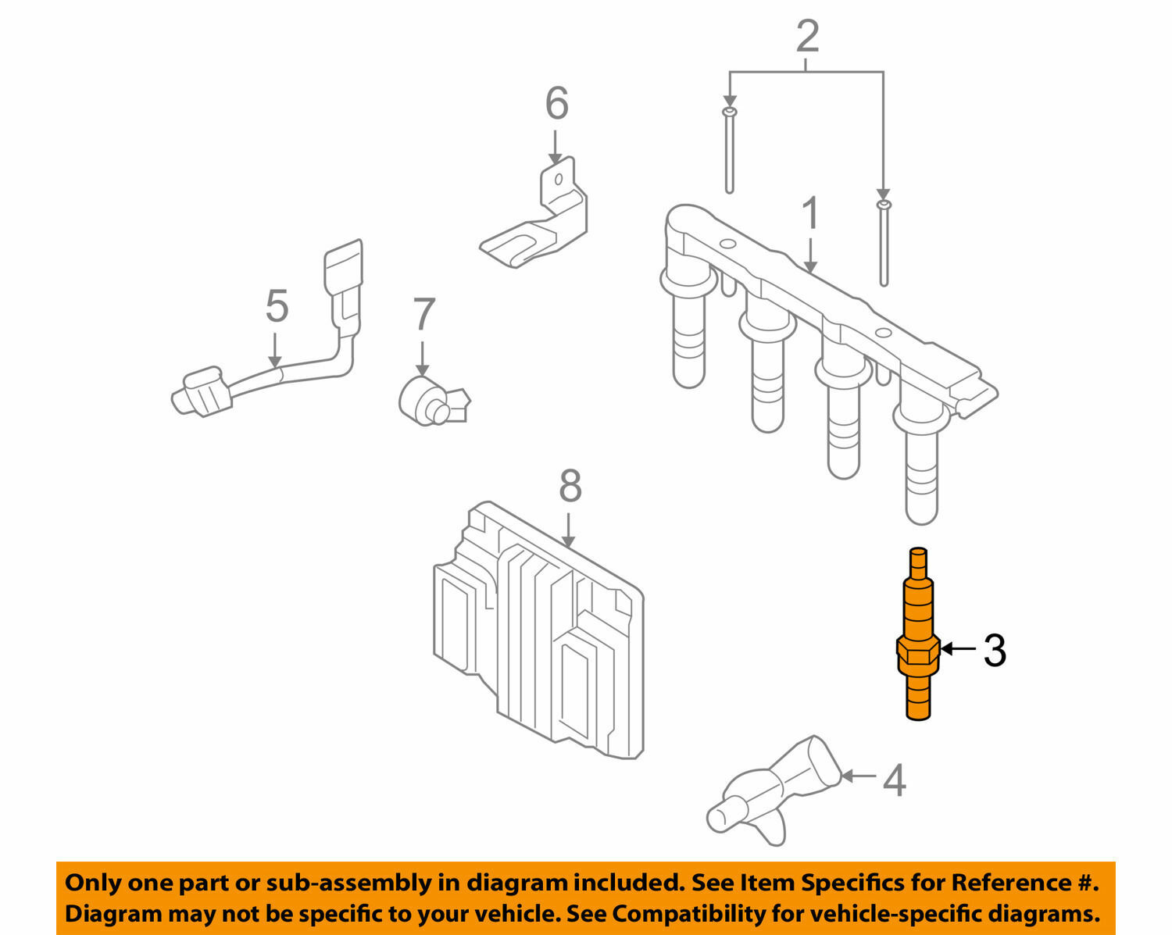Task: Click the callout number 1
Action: click(x=811, y=214)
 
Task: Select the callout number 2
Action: click(x=807, y=37)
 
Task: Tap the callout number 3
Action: click(x=994, y=650)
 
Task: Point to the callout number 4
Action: click(x=894, y=780)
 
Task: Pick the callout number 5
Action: click(x=277, y=305)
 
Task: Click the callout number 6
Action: click(x=556, y=104)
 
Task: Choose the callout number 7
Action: click(x=423, y=315)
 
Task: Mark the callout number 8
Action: click(x=570, y=487)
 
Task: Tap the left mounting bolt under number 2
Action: click(x=729, y=152)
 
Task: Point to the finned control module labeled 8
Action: click(x=539, y=633)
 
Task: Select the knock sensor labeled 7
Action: click(x=431, y=401)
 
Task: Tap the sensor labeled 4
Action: click(x=774, y=789)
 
